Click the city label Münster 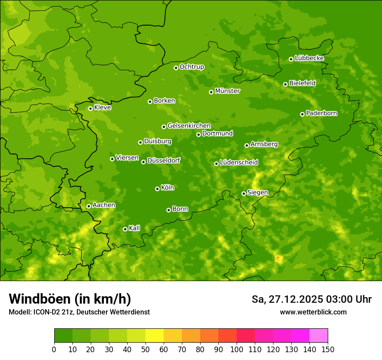pyautogui.click(x=227, y=91)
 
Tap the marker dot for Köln pyautogui.click(x=157, y=189)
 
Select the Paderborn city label pyautogui.click(x=322, y=113)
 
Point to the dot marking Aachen pyautogui.click(x=89, y=206)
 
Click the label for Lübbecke pyautogui.click(x=310, y=58)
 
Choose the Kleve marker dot pyautogui.click(x=90, y=108)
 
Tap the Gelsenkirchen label pyautogui.click(x=189, y=126)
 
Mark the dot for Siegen pyautogui.click(x=244, y=193)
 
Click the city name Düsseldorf pyautogui.click(x=164, y=160)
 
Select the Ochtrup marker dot pyautogui.click(x=176, y=68)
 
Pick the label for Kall pyautogui.click(x=135, y=228)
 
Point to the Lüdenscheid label pyautogui.click(x=239, y=163)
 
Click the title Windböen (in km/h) pyautogui.click(x=70, y=299)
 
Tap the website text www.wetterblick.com pyautogui.click(x=313, y=312)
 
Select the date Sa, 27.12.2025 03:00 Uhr pyautogui.click(x=312, y=299)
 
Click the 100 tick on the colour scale pyautogui.click(x=237, y=349)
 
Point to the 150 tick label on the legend pyautogui.click(x=328, y=349)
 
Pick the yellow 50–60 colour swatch pyautogui.click(x=155, y=336)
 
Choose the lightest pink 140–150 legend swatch pyautogui.click(x=319, y=336)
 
